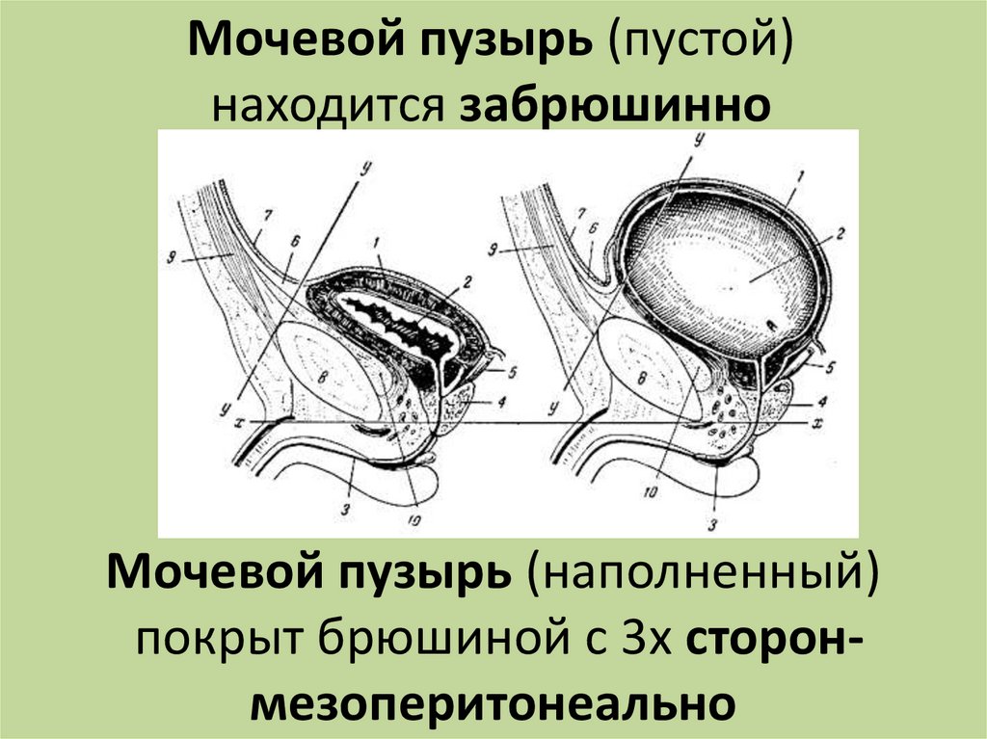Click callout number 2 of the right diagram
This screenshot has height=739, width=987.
839,233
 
